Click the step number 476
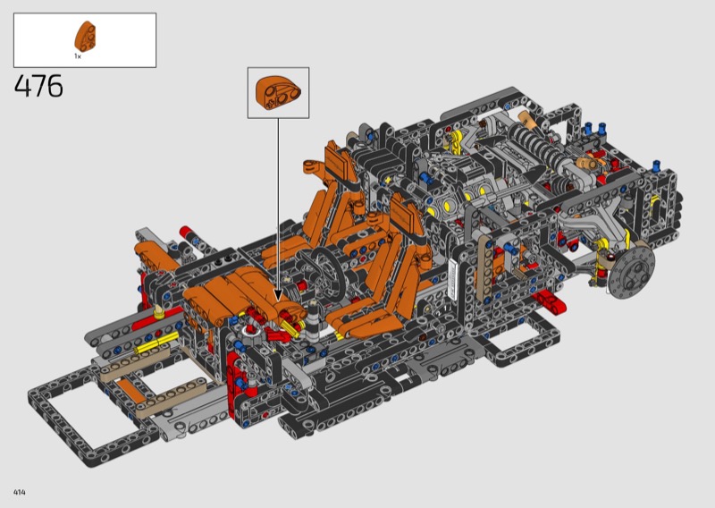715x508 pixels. [x=38, y=86]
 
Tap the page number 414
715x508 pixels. [x=20, y=492]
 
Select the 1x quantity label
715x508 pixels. [x=78, y=56]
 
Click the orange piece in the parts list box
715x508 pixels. [x=85, y=36]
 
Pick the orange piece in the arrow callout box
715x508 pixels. [x=278, y=92]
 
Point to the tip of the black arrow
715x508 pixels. [x=278, y=301]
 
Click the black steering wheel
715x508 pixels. [x=327, y=270]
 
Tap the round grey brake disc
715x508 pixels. [x=632, y=274]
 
